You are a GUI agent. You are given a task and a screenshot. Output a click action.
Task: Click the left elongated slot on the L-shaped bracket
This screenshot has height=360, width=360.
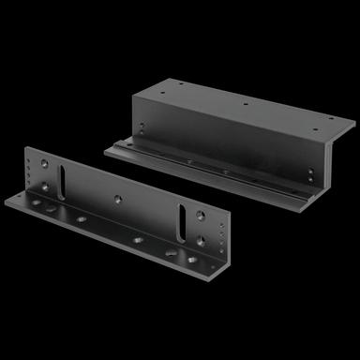tap(61, 176)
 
